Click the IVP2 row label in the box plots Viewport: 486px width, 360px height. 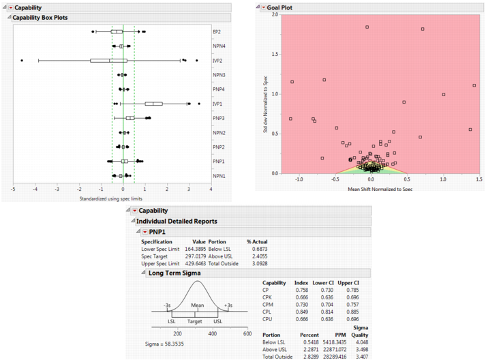click(219, 60)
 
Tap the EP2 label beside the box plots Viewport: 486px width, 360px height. click(217, 31)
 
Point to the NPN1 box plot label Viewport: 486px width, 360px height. click(219, 176)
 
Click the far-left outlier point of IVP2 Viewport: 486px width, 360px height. click(22, 61)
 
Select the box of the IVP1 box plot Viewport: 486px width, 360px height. click(153, 104)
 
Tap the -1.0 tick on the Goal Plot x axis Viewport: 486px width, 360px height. click(299, 179)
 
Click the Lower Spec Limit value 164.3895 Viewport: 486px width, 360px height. click(193, 249)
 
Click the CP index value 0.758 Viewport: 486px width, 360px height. click(300, 289)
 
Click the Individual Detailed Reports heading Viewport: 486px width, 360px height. click(177, 222)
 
